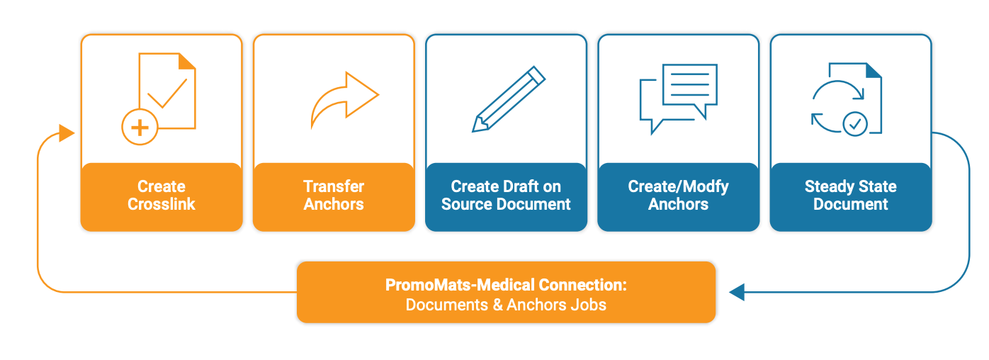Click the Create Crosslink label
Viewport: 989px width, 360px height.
(162, 196)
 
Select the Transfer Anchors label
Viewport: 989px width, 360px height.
(334, 196)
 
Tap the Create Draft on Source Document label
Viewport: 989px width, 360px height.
(506, 196)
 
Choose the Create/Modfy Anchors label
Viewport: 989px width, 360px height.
(678, 196)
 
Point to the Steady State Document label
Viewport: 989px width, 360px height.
(850, 196)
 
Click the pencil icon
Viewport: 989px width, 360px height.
(508, 99)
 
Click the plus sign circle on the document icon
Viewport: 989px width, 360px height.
(140, 128)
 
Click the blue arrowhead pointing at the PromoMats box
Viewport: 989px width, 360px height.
(737, 291)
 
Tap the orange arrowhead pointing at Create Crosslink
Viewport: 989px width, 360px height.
(67, 133)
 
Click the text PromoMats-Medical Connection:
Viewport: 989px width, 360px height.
(506, 285)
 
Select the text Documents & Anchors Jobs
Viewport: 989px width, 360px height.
(506, 305)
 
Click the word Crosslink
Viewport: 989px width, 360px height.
(162, 204)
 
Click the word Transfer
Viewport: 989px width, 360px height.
(334, 187)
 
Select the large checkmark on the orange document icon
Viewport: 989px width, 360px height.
(167, 93)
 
